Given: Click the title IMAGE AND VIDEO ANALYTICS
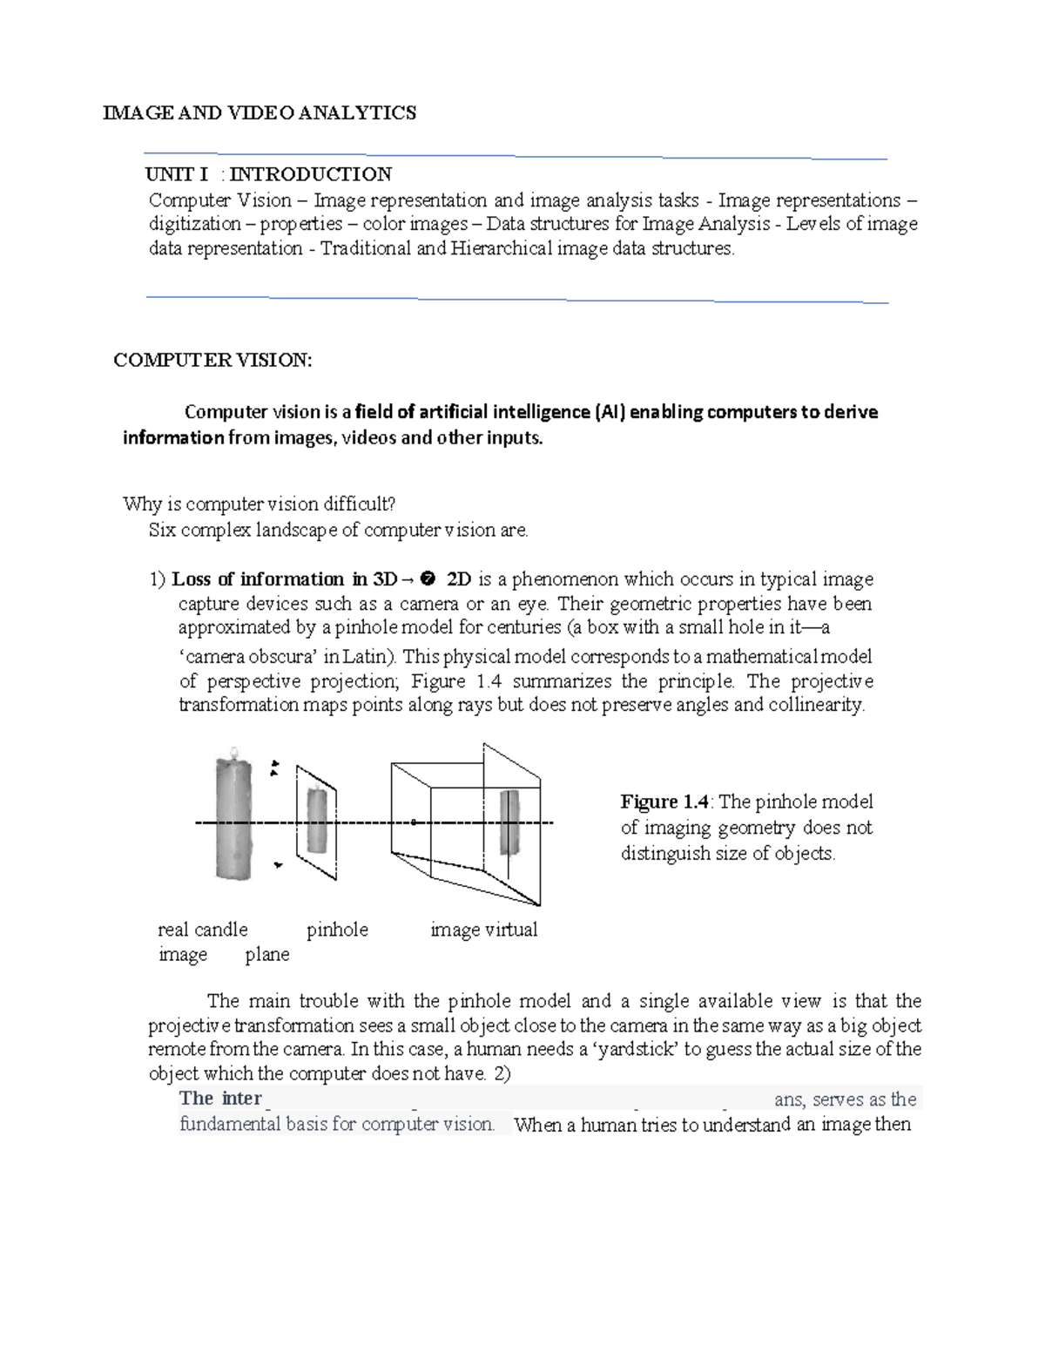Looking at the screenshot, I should [260, 112].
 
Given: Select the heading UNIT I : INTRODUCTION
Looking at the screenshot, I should [268, 174].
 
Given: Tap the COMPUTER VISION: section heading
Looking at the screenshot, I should [212, 360].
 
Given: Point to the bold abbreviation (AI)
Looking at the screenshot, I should [610, 412].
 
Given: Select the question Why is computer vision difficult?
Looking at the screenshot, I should [259, 504].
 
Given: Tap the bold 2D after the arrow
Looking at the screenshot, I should [458, 579].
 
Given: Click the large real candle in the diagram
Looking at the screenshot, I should [233, 819].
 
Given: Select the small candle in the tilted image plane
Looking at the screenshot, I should [316, 822].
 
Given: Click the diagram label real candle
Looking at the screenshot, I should [203, 930].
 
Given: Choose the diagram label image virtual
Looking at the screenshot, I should [483, 930].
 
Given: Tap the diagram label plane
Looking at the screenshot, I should [267, 954].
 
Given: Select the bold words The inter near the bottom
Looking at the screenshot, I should [220, 1099].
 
